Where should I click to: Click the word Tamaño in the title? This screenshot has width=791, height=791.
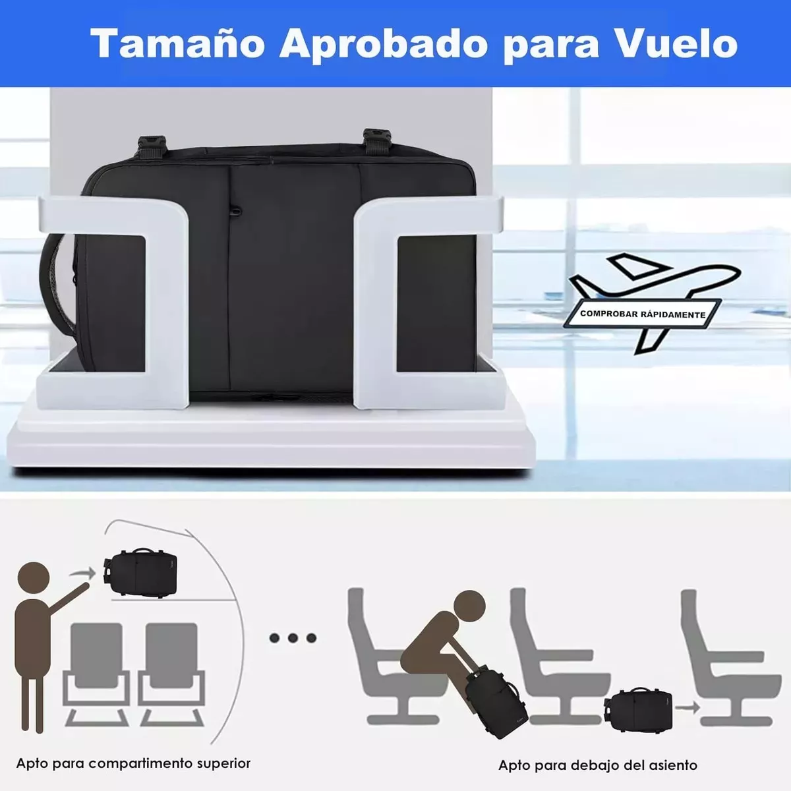[x=177, y=44]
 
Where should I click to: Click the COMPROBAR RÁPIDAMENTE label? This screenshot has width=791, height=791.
[x=643, y=314]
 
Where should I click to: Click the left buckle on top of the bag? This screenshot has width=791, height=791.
[x=151, y=146]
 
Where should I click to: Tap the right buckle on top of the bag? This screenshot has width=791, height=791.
[x=376, y=141]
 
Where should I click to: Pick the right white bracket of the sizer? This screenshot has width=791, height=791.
[x=429, y=302]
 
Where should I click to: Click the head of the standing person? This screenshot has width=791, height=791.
[x=33, y=578]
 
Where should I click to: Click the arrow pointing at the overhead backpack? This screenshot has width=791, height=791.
[x=82, y=573]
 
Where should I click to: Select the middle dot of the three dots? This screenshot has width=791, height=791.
[x=293, y=638]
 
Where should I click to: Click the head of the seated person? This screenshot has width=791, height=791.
[x=469, y=606]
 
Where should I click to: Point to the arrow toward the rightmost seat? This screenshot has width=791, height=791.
[x=687, y=707]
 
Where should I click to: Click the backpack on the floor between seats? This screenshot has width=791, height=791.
[x=638, y=709]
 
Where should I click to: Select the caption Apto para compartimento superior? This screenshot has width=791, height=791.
[x=133, y=763]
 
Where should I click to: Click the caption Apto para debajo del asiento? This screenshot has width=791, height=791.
[x=598, y=765]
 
